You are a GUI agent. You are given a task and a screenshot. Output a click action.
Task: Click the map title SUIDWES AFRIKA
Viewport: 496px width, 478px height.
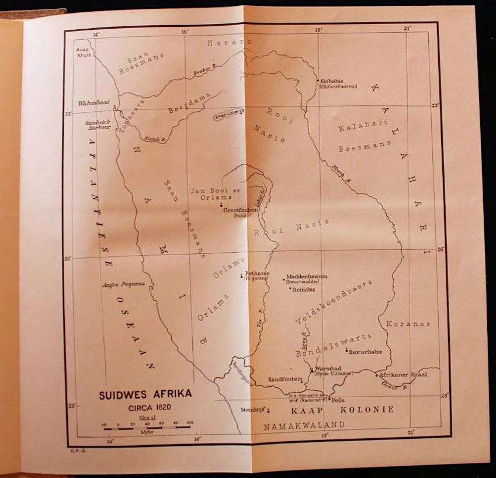145,394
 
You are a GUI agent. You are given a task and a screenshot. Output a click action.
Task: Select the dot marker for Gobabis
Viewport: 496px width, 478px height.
317,80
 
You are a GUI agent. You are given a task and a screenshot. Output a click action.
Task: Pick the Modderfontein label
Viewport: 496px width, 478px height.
307,276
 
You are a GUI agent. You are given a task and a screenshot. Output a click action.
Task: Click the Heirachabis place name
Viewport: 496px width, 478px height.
365,352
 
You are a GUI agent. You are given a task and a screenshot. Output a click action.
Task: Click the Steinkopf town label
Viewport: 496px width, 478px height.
253,410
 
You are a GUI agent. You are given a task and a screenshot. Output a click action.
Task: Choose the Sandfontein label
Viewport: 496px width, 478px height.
285,379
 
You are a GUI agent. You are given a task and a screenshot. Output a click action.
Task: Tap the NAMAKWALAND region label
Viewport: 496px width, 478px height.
304,425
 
